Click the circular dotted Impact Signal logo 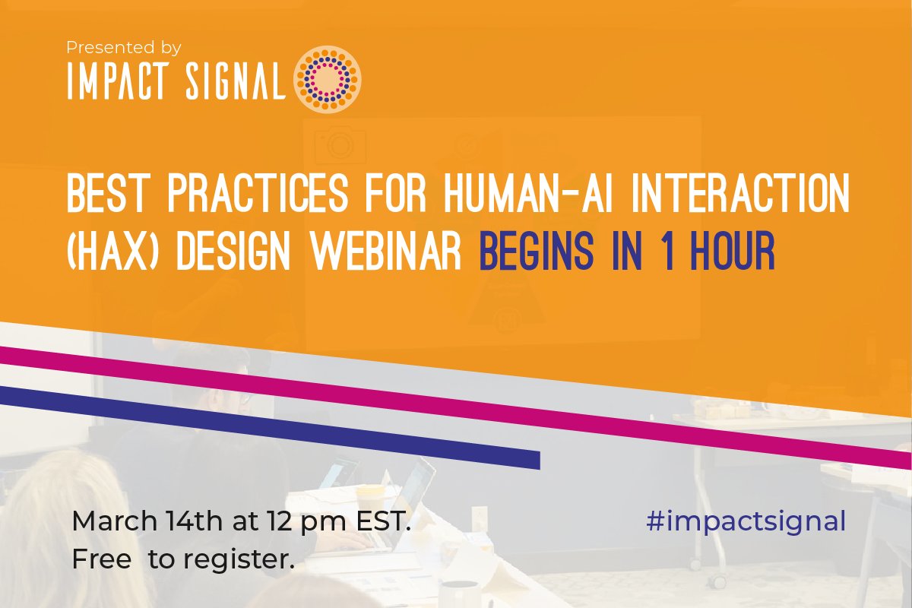(327, 74)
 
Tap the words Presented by (123, 47)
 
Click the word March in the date (114, 523)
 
